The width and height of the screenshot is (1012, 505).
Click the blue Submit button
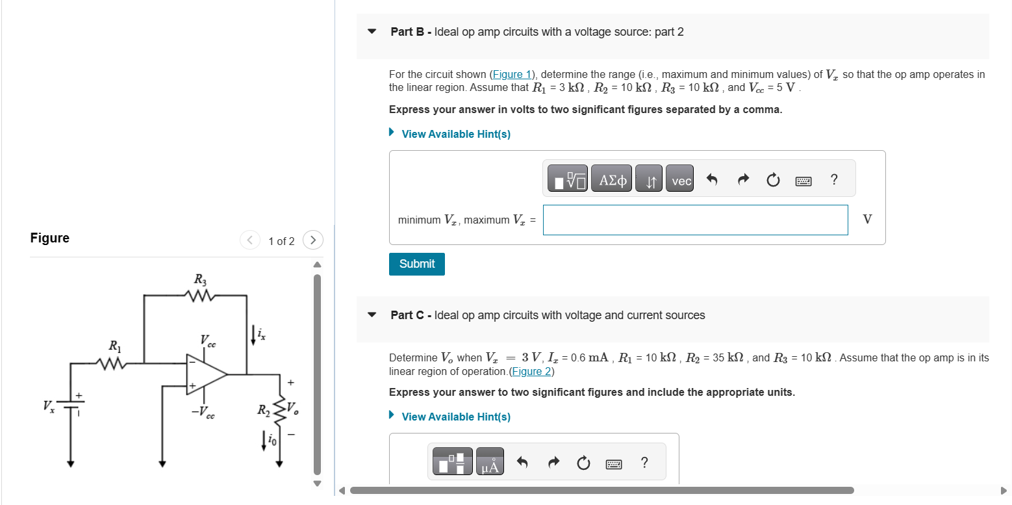[x=416, y=264]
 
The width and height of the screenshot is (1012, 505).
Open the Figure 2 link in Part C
[x=532, y=371]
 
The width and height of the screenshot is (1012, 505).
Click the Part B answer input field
[x=695, y=220]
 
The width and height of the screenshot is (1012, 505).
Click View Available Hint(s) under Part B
[x=455, y=134]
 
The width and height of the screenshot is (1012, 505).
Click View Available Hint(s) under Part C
[x=455, y=417]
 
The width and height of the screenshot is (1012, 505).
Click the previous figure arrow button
[x=250, y=240]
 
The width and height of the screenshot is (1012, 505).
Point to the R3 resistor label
[x=200, y=280]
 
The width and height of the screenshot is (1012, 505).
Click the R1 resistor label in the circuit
[x=114, y=346]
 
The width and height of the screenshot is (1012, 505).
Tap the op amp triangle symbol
[x=205, y=374]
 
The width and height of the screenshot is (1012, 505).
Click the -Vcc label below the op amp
[x=204, y=411]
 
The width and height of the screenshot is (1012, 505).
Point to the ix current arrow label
[x=260, y=335]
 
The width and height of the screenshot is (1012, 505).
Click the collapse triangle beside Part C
[x=372, y=315]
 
